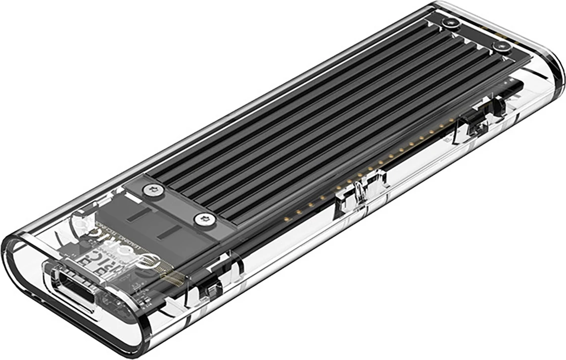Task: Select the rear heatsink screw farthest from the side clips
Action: click(x=451, y=24)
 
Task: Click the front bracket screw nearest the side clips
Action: click(x=203, y=218)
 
